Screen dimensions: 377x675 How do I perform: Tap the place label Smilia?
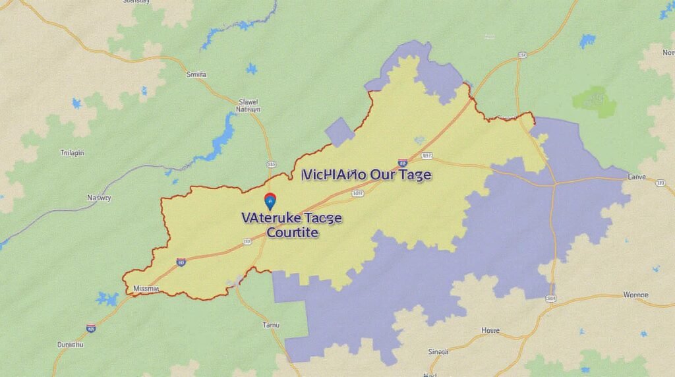(x=196, y=75)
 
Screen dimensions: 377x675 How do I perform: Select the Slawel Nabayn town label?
(x=249, y=107)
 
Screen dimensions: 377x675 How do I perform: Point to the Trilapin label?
(x=73, y=152)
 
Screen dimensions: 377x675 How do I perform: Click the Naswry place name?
(x=100, y=197)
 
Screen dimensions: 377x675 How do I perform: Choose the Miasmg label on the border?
(x=145, y=289)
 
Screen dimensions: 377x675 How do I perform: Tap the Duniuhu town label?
(x=70, y=344)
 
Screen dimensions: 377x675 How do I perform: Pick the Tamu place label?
(x=272, y=325)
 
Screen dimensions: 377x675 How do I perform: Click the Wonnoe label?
(x=636, y=295)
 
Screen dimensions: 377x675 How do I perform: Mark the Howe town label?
(x=490, y=330)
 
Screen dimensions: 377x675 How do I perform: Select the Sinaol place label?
(x=437, y=352)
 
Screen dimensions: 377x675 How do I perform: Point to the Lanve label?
(x=638, y=177)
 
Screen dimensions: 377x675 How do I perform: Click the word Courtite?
(x=293, y=233)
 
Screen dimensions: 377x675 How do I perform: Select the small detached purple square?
(x=339, y=132)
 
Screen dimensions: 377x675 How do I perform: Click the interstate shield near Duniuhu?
(x=91, y=328)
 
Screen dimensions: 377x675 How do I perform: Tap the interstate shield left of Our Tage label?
(x=402, y=163)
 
